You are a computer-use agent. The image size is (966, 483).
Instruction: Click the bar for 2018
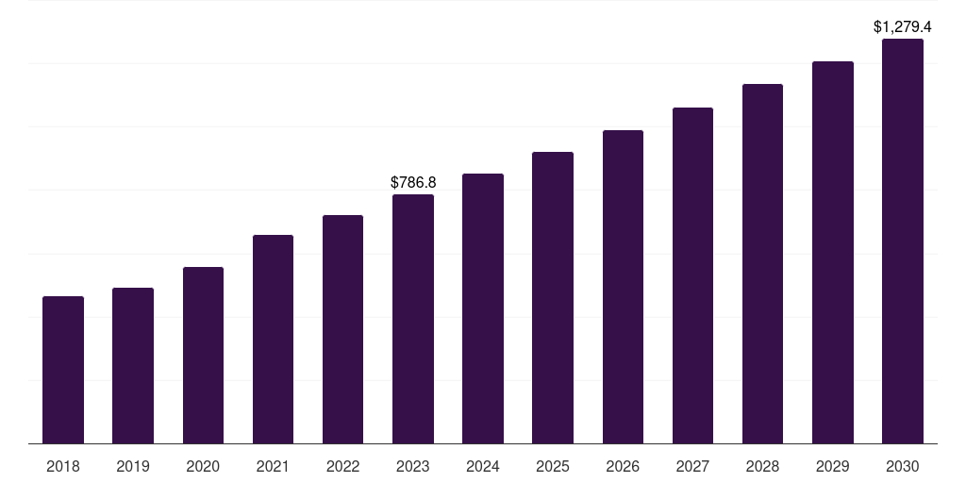coord(63,370)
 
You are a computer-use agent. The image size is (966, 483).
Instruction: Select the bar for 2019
coord(133,366)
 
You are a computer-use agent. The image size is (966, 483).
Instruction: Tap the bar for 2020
coord(203,356)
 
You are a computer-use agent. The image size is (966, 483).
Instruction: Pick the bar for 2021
coord(273,340)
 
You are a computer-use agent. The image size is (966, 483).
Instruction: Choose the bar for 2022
coord(342,329)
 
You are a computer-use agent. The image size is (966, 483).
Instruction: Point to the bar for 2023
coord(413,319)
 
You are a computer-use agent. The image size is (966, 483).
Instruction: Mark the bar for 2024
coord(483,308)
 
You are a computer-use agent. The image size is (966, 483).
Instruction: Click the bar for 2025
coord(553,298)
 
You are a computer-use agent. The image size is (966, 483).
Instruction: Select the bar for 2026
coord(623,287)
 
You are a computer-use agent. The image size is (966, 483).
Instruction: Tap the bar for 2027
coord(692,275)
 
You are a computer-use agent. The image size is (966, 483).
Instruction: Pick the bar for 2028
coord(762,264)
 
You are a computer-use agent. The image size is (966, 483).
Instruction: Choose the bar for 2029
coord(832,253)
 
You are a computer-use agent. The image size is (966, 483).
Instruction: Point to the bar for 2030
coord(903,241)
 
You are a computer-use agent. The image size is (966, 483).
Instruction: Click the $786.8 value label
coord(413,182)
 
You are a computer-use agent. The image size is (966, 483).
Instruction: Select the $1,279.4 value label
coord(903,26)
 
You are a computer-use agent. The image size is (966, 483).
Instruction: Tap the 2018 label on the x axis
coord(63,466)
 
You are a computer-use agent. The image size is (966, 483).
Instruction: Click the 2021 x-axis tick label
coord(273,466)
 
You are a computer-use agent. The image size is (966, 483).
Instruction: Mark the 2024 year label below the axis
coord(483,466)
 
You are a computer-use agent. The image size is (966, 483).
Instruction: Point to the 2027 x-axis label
coord(692,466)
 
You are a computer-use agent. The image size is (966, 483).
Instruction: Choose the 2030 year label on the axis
coord(903,466)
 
